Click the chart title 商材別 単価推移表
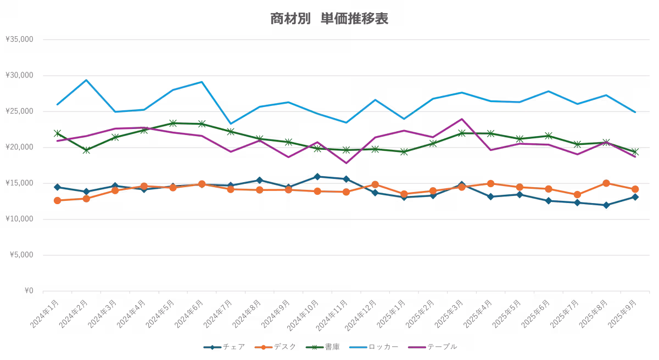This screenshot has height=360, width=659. click(329, 19)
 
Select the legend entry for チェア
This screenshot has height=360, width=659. click(225, 347)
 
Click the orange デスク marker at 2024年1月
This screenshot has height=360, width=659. click(57, 200)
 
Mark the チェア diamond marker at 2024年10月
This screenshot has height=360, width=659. click(317, 177)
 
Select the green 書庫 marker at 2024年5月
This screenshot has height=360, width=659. click(172, 123)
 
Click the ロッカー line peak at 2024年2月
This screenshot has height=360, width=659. click(86, 80)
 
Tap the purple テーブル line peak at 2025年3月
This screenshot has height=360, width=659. click(461, 119)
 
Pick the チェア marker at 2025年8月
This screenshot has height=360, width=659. click(606, 205)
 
